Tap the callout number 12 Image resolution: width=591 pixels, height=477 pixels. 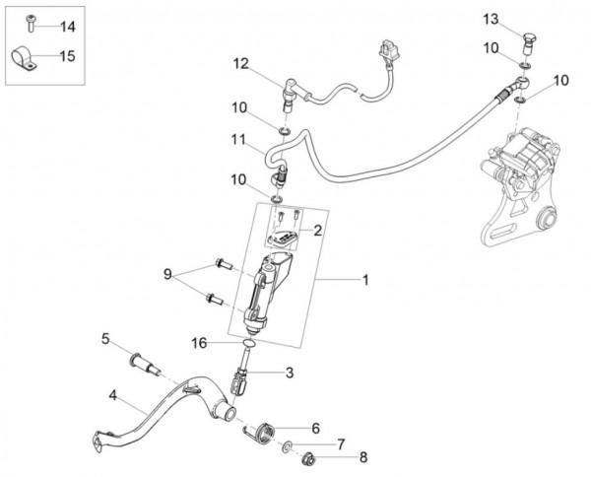click(241, 64)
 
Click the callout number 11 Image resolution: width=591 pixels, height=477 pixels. click(238, 140)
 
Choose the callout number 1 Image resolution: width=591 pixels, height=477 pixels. click(365, 281)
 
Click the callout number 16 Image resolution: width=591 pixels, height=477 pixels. click(199, 342)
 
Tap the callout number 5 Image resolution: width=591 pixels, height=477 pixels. click(104, 340)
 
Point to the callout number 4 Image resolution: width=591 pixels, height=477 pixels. click(114, 397)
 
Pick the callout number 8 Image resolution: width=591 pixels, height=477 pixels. click(361, 457)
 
